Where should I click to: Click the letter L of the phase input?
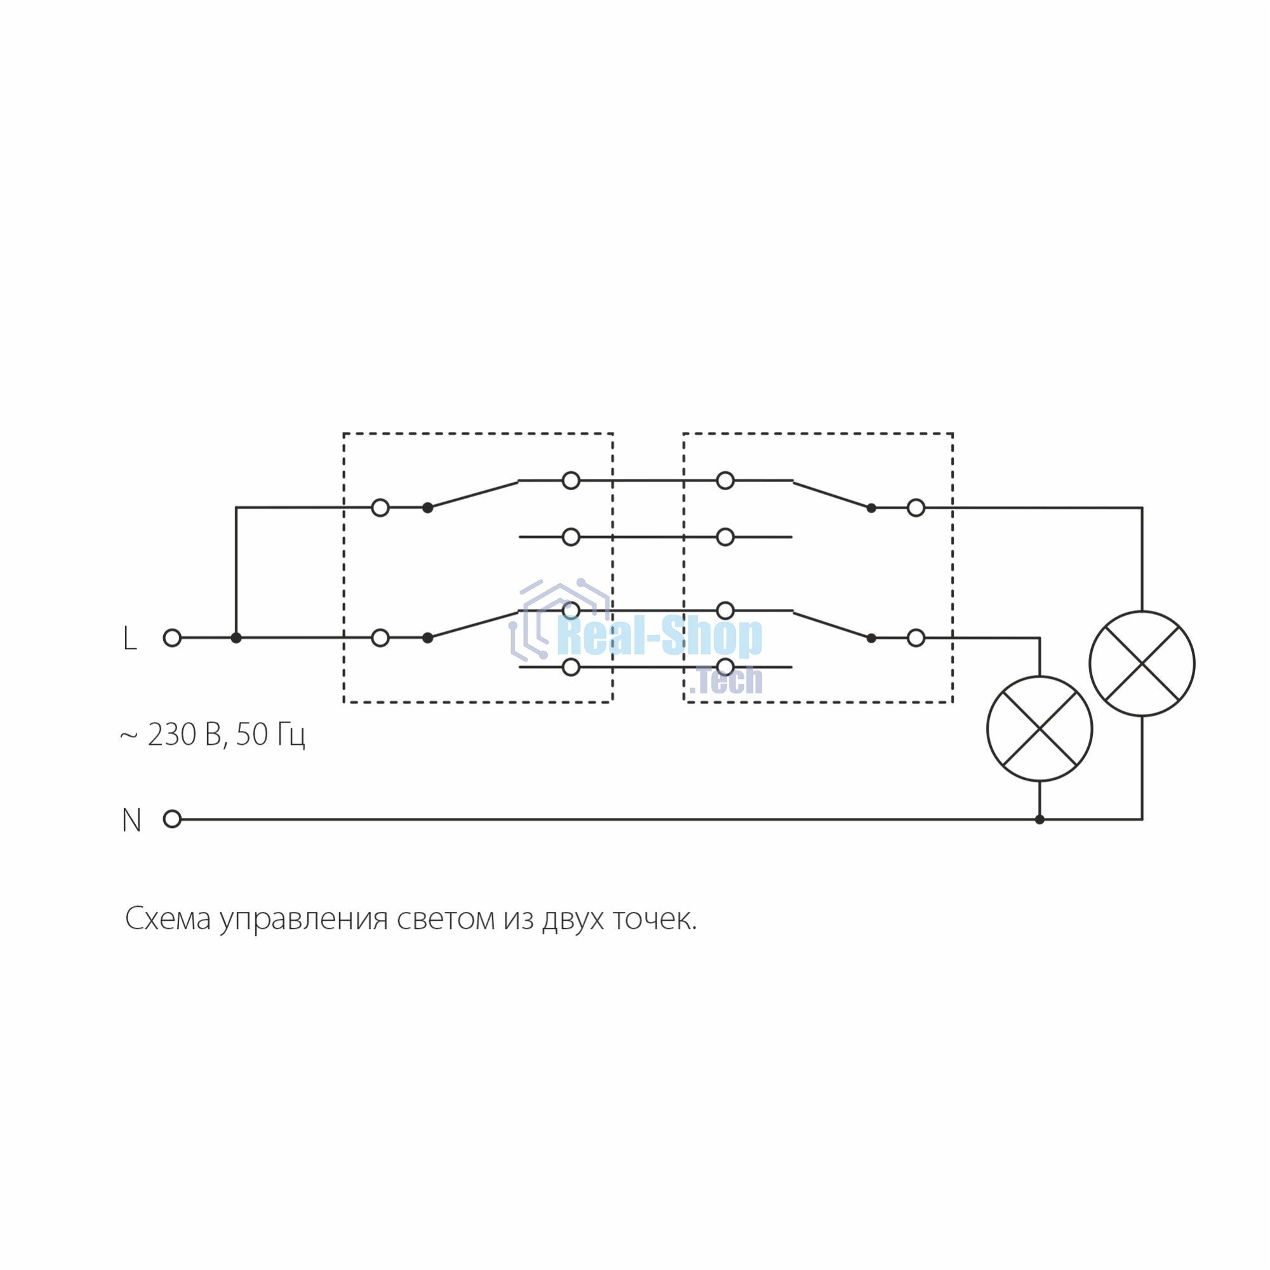130,638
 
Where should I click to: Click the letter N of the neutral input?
131,820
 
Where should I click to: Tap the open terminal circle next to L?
172,638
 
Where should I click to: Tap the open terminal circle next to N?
172,819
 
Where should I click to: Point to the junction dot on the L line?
236,638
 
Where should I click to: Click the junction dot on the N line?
1039,819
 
